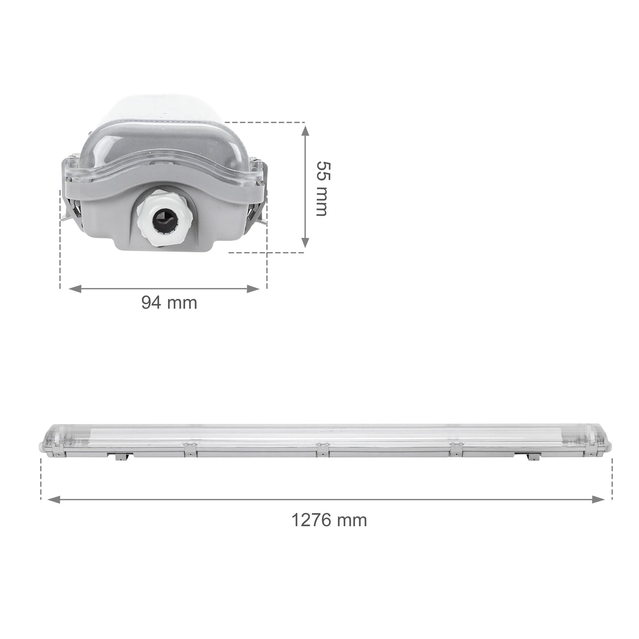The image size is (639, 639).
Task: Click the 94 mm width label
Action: click(x=169, y=303)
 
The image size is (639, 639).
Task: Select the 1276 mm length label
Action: click(x=329, y=520)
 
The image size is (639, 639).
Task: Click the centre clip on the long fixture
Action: click(x=322, y=449)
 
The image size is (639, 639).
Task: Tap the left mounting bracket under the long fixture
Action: click(x=121, y=457)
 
